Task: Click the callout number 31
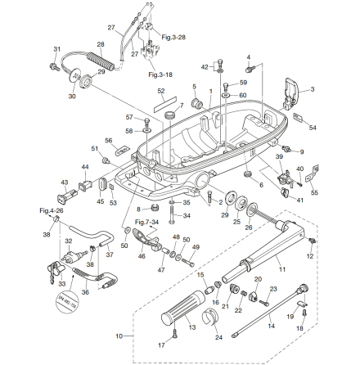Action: coord(56,49)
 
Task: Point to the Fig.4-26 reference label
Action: coord(48,210)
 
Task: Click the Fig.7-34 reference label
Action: coord(147,222)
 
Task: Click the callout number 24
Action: coord(218,336)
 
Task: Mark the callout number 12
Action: coord(310,256)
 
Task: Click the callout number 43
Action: coord(65,182)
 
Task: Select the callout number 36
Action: coord(85,291)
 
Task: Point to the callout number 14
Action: coord(272,325)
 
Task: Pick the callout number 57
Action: coord(128,117)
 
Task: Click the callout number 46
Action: coord(142,256)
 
